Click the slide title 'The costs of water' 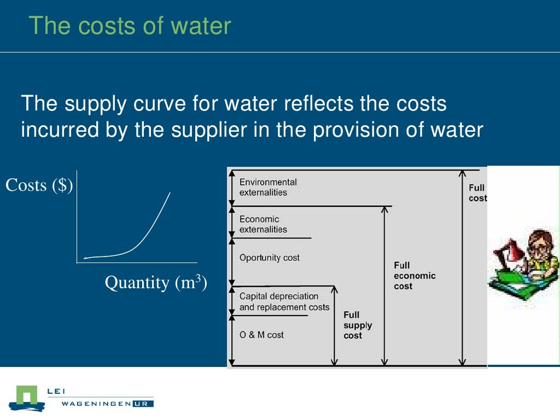click(x=130, y=26)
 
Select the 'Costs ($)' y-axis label click(x=39, y=185)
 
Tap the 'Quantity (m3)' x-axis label click(x=156, y=283)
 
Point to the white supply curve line click(x=147, y=235)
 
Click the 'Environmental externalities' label click(x=268, y=187)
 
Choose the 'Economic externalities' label click(x=263, y=224)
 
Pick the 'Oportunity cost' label click(x=270, y=258)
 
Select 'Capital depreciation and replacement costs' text click(x=284, y=302)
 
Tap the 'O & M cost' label click(x=261, y=335)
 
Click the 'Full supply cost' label click(x=358, y=325)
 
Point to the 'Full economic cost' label click(x=415, y=276)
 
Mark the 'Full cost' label click(x=477, y=193)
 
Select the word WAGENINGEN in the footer click(x=96, y=404)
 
